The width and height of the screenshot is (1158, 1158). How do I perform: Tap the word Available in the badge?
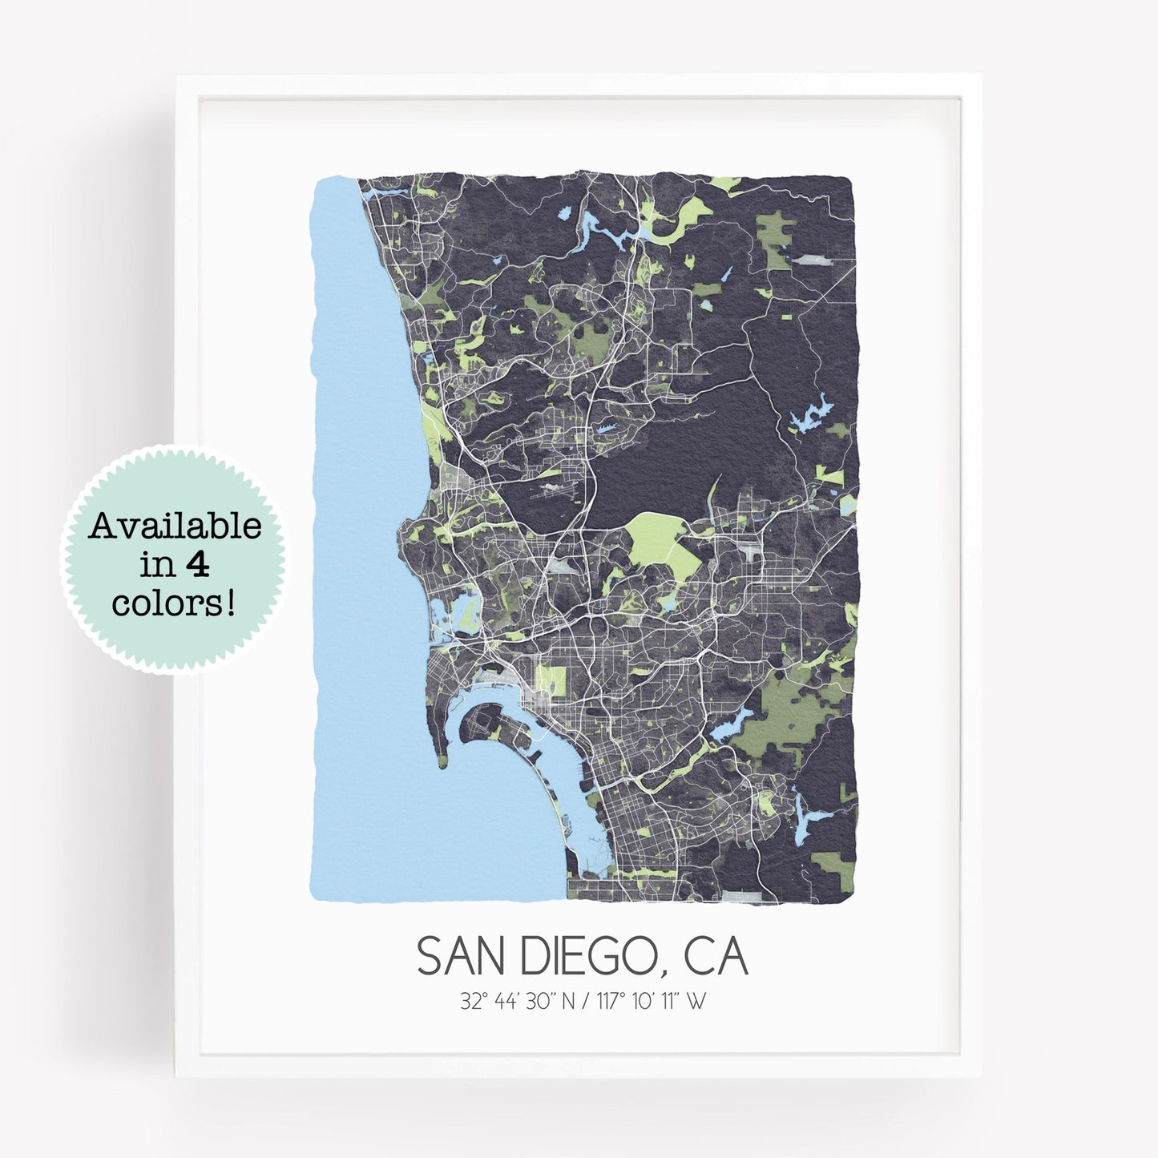click(175, 527)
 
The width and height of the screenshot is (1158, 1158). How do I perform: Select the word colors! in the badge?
click(175, 603)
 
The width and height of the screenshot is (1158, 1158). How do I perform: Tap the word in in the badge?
click(154, 565)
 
